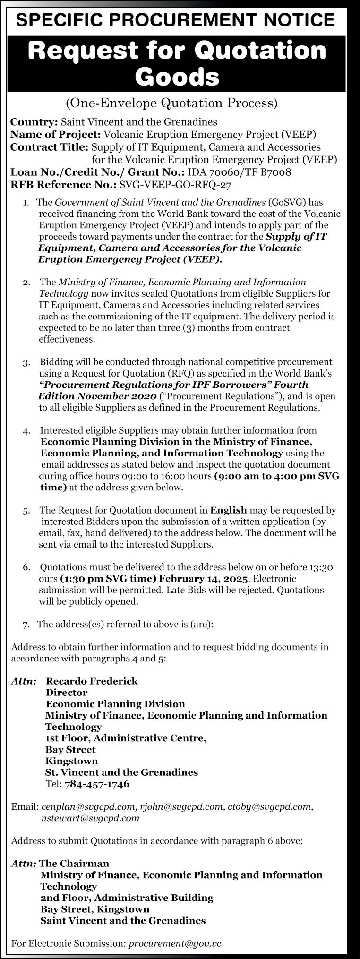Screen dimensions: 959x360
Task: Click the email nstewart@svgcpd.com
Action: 90,817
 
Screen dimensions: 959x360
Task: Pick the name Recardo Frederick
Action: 92,681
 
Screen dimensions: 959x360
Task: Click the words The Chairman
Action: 74,851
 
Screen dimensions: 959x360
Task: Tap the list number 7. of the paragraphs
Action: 26,625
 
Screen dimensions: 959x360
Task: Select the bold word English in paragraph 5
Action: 229,510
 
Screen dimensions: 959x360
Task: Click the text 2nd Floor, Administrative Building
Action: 127,884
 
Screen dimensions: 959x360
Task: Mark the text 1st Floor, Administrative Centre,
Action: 126,738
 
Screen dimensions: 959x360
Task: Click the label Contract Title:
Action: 50,147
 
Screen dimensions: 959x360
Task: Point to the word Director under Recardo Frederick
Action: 67,693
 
